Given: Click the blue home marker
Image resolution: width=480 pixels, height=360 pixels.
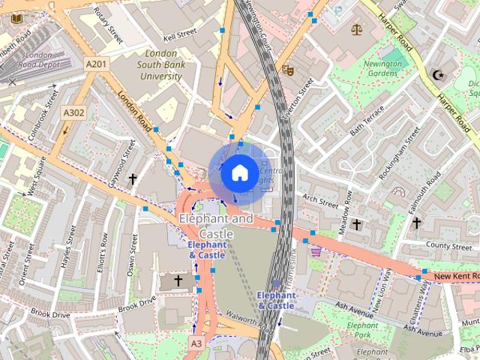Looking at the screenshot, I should [x=238, y=172].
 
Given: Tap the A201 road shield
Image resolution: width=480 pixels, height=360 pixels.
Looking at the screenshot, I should [x=96, y=65].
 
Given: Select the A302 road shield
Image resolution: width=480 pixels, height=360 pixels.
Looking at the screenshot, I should [x=73, y=112].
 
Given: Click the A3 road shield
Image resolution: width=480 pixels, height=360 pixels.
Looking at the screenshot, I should [x=196, y=343].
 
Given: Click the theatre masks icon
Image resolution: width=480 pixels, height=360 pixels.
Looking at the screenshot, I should [x=286, y=70].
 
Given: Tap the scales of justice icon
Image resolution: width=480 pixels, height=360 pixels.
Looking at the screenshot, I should [x=355, y=30].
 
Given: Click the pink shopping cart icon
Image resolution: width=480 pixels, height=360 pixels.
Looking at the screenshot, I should [x=316, y=252].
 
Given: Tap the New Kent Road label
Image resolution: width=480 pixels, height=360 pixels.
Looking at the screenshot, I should [x=454, y=277].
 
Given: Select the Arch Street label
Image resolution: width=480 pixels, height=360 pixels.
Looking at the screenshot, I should [x=320, y=201].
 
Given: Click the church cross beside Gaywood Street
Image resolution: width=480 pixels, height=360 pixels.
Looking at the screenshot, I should [x=133, y=179].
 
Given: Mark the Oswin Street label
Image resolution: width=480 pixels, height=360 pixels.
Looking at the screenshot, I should [x=131, y=254].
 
